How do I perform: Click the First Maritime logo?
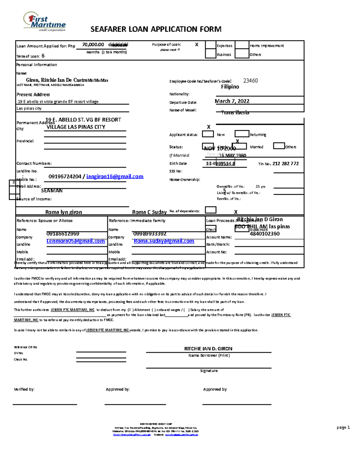45,22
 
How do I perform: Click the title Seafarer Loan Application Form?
156,29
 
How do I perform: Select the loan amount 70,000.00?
93,45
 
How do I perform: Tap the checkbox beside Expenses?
211,45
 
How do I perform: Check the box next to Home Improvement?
242,45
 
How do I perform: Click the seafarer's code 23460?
250,81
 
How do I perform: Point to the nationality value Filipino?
230,87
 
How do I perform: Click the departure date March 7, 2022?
232,101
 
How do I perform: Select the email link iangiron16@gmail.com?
115,176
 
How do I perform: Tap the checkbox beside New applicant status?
208,134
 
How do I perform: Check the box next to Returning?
242,134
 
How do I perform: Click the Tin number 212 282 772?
286,164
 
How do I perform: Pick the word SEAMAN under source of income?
52,191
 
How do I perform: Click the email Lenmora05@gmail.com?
76,241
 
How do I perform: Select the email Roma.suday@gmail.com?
164,241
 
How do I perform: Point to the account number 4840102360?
265,234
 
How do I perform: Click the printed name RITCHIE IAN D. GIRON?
208,349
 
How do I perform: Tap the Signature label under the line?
209,371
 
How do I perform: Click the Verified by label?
24,389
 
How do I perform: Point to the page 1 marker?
343,427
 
